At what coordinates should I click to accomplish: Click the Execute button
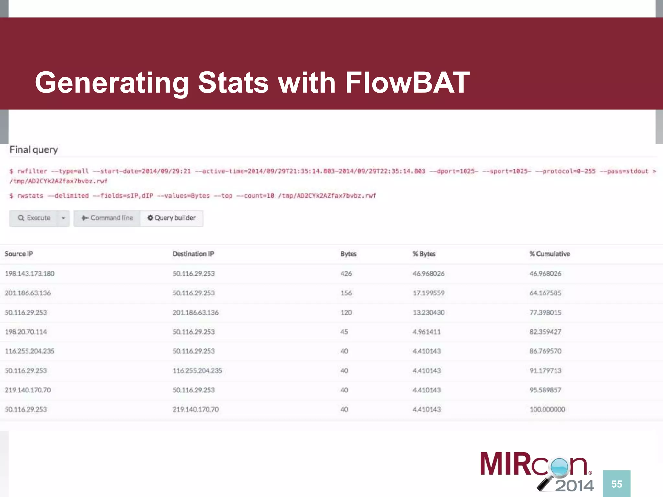(34, 218)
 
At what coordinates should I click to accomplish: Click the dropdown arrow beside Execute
(63, 218)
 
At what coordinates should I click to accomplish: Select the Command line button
(107, 218)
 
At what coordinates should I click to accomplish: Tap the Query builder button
(172, 218)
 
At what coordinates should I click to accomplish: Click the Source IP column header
(19, 254)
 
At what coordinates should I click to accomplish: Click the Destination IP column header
(193, 254)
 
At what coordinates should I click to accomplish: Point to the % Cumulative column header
(549, 254)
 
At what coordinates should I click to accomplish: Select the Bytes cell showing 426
(346, 274)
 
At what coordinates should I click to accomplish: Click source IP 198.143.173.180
(29, 274)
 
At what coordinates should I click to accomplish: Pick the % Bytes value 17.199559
(428, 293)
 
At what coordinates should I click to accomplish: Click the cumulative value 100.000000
(547, 410)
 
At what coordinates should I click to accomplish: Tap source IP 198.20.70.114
(26, 332)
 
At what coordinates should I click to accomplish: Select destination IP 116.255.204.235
(197, 371)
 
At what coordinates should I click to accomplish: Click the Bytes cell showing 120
(346, 313)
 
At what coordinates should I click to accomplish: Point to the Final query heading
(34, 150)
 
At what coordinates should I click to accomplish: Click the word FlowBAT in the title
(407, 83)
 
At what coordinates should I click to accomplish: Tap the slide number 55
(616, 484)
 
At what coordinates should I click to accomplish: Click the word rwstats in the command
(30, 196)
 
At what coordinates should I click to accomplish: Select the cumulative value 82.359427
(545, 332)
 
